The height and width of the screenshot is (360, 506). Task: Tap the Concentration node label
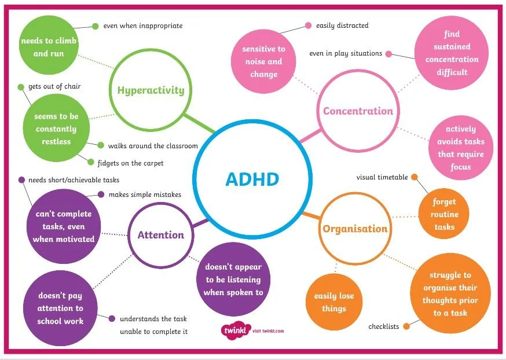[358, 111]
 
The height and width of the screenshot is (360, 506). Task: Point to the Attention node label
[160, 235]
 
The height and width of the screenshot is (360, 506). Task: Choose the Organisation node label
[355, 229]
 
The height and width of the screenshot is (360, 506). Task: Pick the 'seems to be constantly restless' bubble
[56, 128]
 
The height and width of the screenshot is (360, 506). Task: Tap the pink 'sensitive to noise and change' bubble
[263, 62]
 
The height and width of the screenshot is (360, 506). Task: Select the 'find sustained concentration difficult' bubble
[452, 53]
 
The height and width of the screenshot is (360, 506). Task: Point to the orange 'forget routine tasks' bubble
[444, 214]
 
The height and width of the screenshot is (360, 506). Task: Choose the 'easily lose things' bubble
[333, 302]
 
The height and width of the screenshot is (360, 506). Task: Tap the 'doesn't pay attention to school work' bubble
[60, 308]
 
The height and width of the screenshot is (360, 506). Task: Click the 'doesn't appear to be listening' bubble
[233, 280]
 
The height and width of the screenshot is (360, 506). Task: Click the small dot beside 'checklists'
[406, 326]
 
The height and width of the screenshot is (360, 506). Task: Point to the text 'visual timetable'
[382, 177]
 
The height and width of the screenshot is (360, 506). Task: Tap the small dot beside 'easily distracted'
[307, 25]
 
